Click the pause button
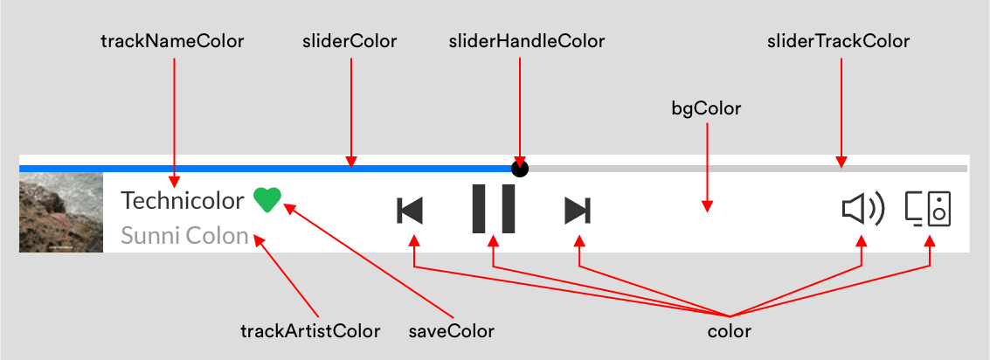[x=494, y=209]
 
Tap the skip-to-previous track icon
[x=410, y=211]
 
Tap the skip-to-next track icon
[x=578, y=211]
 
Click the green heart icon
[x=267, y=200]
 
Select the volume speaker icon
[x=862, y=209]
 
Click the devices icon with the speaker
[x=928, y=209]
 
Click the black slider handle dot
[x=520, y=168]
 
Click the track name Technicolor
[x=183, y=200]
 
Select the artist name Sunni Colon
[x=184, y=235]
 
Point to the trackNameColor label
[x=172, y=41]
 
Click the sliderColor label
[x=350, y=41]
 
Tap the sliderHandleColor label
[x=526, y=41]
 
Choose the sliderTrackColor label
[x=838, y=41]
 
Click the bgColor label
[x=706, y=108]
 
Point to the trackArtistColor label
[x=310, y=331]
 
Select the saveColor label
[x=452, y=331]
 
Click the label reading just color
[x=729, y=331]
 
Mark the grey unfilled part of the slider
[x=743, y=168]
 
